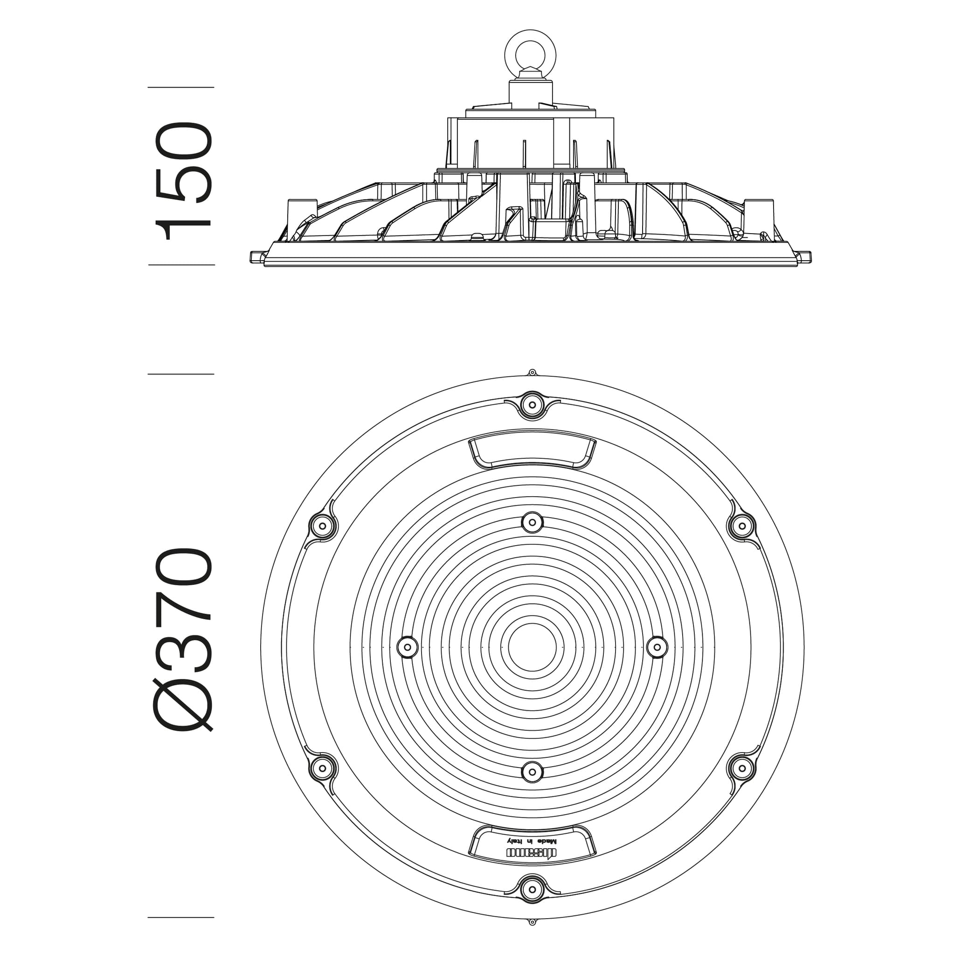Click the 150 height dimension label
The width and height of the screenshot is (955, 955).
[x=184, y=181]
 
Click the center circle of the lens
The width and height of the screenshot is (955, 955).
[x=533, y=647]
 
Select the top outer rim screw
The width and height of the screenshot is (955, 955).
[x=533, y=405]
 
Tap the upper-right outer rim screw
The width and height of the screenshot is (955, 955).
[x=742, y=526]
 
